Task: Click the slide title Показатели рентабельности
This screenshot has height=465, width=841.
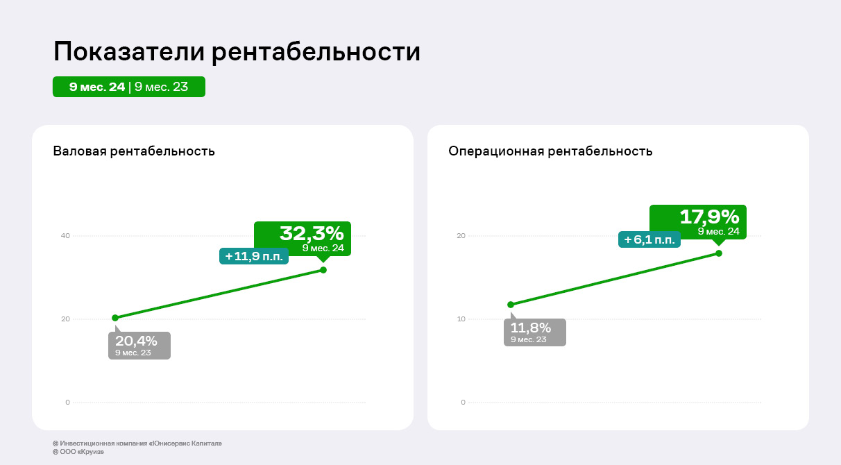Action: click(x=237, y=52)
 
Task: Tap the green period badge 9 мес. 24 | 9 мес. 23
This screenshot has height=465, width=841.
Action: click(x=129, y=87)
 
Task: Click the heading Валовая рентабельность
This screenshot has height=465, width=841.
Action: click(x=134, y=151)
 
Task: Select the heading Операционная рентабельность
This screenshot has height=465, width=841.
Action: click(x=550, y=151)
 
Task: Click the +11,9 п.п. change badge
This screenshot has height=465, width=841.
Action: click(x=254, y=256)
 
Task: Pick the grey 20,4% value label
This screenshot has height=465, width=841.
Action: click(x=139, y=345)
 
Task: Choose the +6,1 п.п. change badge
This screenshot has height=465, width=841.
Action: click(x=649, y=239)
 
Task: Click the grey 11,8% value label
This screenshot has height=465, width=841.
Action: click(x=534, y=332)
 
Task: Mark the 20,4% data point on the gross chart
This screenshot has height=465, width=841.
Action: click(x=115, y=318)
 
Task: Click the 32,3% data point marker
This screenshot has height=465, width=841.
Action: click(x=323, y=269)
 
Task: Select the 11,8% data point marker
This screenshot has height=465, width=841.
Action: click(x=511, y=304)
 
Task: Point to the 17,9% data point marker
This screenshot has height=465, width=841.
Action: click(x=718, y=253)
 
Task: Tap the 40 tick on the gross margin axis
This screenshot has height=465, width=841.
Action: click(x=65, y=236)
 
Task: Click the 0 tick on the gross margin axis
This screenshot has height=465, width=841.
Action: click(x=67, y=403)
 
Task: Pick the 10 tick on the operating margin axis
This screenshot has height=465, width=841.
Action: click(x=461, y=319)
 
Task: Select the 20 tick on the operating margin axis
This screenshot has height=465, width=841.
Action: click(x=461, y=236)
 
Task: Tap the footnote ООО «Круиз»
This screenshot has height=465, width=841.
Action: click(x=78, y=452)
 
